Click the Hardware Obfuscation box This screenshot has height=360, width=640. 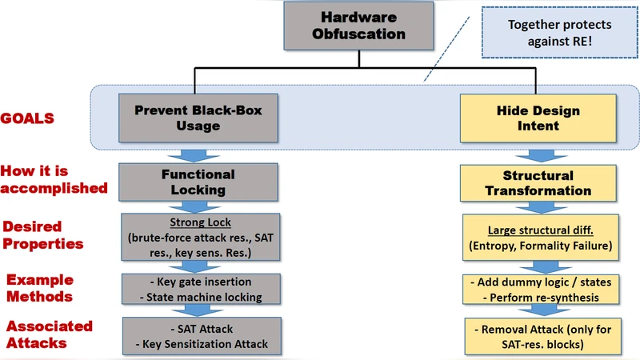(x=359, y=26)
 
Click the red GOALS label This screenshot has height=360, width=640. (x=27, y=118)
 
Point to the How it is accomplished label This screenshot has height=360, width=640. (x=54, y=179)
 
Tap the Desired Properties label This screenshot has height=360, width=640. (x=45, y=234)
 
